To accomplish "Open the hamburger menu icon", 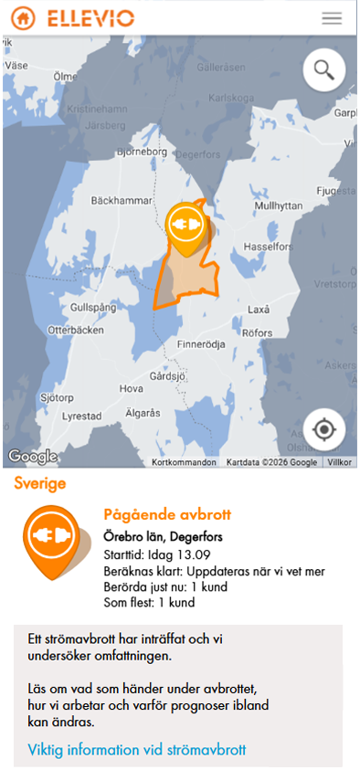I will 332,18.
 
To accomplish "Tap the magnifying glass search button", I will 323,69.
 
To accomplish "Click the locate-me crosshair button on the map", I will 324,427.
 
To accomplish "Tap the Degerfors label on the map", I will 194,155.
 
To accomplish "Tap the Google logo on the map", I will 32,456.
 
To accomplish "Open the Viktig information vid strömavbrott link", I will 137,751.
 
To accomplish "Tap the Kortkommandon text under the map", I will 185,462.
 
